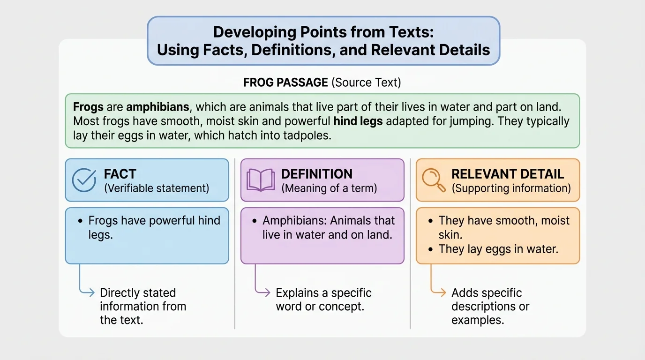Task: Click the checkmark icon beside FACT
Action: click(84, 180)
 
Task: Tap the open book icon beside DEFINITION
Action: click(261, 180)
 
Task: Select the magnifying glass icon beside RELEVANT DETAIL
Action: click(434, 180)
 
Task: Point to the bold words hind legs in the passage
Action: click(358, 121)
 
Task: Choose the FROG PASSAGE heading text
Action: click(285, 82)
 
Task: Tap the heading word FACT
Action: click(120, 174)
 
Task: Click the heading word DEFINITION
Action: click(316, 174)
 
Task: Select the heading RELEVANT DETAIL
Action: click(508, 174)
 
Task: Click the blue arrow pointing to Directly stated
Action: click(88, 293)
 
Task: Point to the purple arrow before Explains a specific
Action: click(264, 293)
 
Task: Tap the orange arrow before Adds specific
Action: click(439, 293)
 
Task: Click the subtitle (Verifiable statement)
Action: click(157, 188)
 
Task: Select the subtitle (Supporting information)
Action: click(511, 188)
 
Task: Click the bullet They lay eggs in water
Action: click(498, 249)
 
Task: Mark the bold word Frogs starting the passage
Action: click(88, 106)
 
